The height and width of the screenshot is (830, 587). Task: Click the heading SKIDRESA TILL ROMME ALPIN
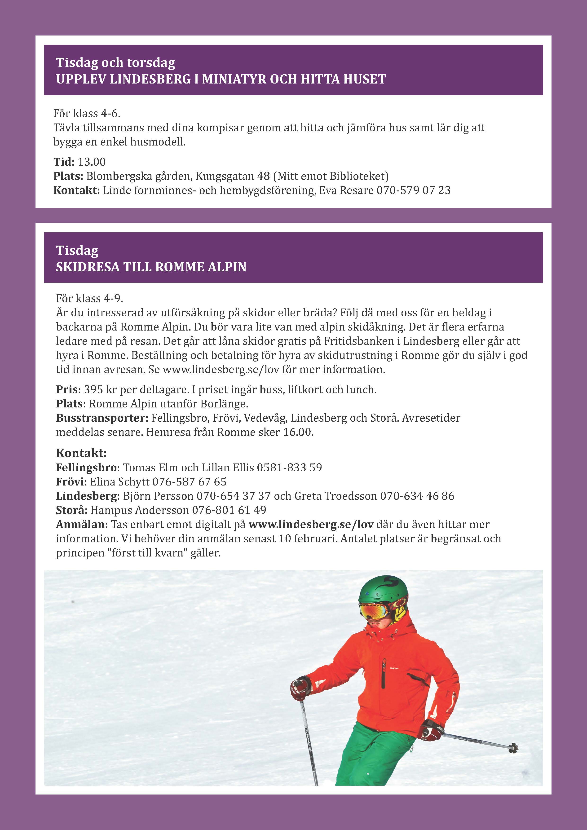151,267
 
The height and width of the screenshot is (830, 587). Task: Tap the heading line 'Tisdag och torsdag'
116,62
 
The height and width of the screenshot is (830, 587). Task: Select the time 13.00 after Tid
92,162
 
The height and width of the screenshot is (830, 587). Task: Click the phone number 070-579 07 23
414,190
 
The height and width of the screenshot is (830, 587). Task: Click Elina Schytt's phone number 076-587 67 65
190,482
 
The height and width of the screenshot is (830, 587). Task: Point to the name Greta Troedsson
336,496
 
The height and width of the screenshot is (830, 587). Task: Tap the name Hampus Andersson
140,510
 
